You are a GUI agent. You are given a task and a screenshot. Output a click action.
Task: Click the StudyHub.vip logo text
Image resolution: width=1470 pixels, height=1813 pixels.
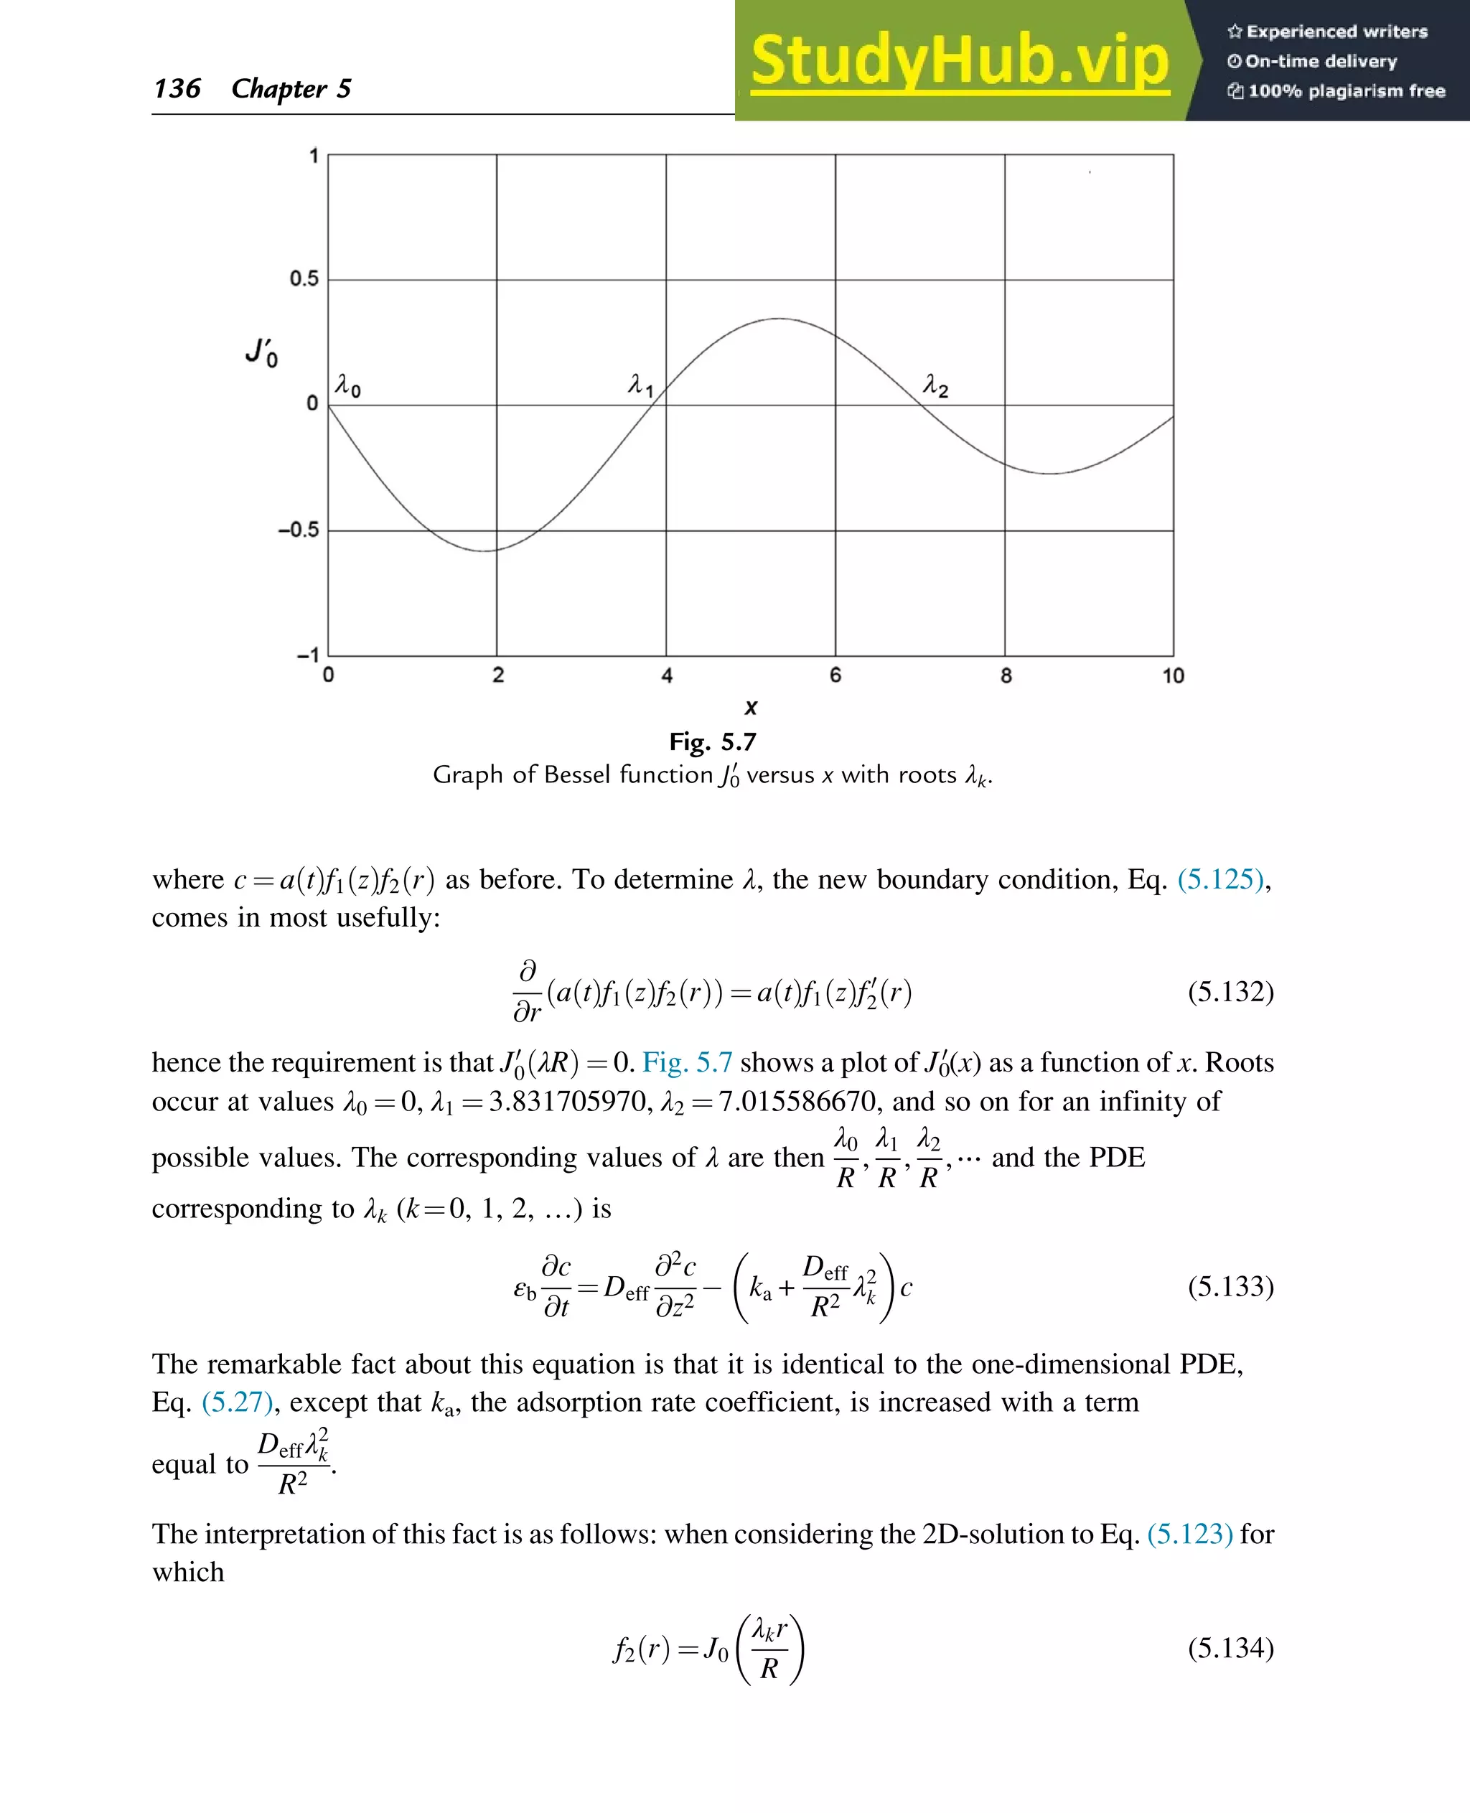tap(960, 61)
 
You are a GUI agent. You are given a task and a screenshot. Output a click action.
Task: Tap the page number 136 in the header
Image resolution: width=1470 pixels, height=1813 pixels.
tap(177, 88)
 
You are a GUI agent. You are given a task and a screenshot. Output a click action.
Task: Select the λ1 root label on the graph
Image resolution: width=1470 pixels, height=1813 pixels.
tap(640, 385)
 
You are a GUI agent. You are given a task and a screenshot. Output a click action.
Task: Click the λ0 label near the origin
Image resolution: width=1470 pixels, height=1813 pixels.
tap(347, 386)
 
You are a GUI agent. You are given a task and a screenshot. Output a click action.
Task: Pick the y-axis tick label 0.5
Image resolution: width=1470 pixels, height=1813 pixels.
tap(304, 278)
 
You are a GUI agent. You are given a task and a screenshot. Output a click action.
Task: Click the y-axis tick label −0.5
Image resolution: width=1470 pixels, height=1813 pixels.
tap(298, 530)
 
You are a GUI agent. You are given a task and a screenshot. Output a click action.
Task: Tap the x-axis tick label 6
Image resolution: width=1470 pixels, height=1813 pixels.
tap(835, 675)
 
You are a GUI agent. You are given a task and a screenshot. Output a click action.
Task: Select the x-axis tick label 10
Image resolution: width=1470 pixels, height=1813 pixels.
tap(1173, 675)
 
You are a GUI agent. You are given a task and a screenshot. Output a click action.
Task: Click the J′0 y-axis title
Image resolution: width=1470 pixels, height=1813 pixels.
tap(262, 352)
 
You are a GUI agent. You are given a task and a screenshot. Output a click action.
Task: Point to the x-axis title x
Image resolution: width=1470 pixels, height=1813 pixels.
tap(750, 707)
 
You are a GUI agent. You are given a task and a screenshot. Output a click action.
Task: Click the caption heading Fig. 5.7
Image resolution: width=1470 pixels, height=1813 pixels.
tap(712, 742)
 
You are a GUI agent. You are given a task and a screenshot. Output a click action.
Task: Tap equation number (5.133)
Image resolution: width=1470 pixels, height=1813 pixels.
tap(1230, 1286)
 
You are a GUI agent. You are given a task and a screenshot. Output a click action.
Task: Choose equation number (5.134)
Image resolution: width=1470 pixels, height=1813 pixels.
tap(1230, 1648)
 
